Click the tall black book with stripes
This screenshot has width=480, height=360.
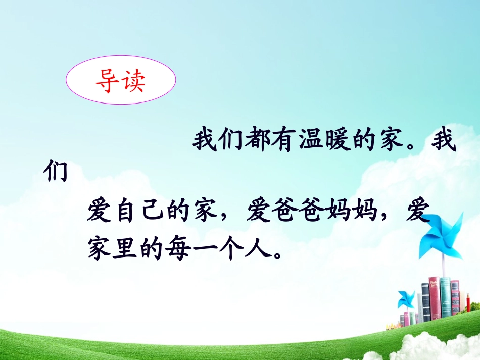click(x=426, y=303)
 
